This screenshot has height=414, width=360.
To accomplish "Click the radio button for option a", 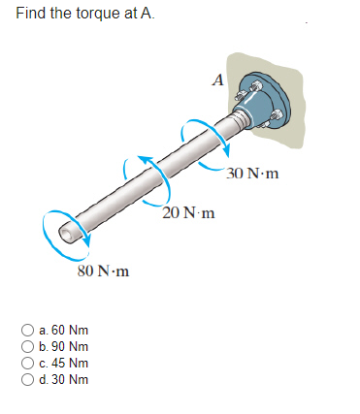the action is click(29, 331).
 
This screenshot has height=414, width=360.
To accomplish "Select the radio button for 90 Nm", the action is click(29, 346).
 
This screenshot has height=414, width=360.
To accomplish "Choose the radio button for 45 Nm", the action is click(29, 363).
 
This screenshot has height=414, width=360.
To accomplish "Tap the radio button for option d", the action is click(29, 378).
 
